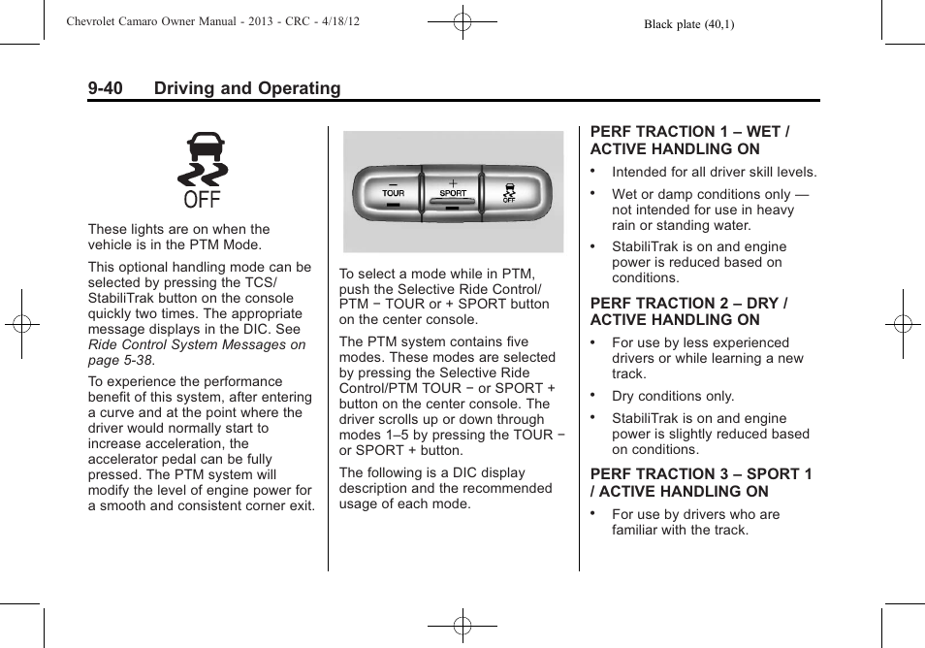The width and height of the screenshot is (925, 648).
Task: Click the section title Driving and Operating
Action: (x=246, y=88)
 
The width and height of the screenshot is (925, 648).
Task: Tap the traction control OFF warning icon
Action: (x=203, y=173)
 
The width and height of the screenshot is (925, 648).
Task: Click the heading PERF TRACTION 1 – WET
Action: (x=689, y=131)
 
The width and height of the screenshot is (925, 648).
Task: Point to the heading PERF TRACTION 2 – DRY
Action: (x=688, y=303)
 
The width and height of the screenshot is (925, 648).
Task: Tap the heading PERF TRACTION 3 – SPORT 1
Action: (x=701, y=474)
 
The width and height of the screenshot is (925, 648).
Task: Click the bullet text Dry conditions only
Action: (x=673, y=396)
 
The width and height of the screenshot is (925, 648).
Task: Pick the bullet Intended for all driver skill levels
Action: (x=714, y=172)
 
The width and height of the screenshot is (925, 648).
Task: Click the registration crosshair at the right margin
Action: (x=903, y=324)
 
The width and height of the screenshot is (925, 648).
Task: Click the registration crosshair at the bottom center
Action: (x=462, y=627)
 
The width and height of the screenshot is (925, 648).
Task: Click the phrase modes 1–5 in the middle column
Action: (x=368, y=435)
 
